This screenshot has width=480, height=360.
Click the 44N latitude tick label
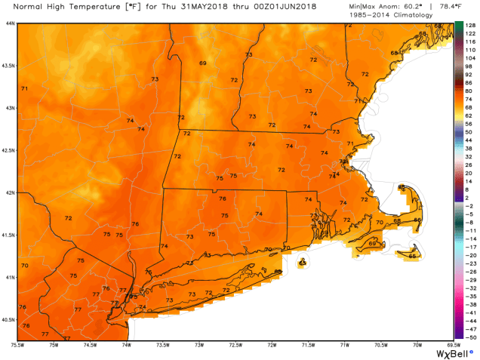(x=8, y=23)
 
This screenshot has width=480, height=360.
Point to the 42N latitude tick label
(x=8, y=192)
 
